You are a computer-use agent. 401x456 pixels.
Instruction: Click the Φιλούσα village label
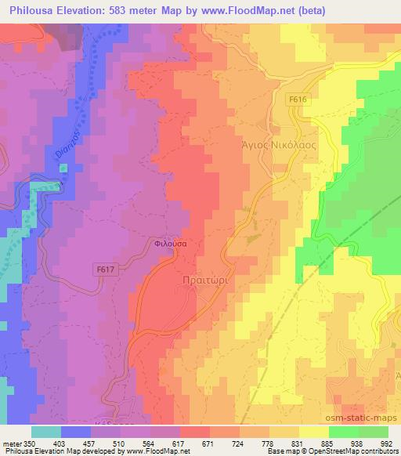169,244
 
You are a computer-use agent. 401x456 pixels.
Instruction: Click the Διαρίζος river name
68,138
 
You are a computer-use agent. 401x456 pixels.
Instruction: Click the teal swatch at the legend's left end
45,432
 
